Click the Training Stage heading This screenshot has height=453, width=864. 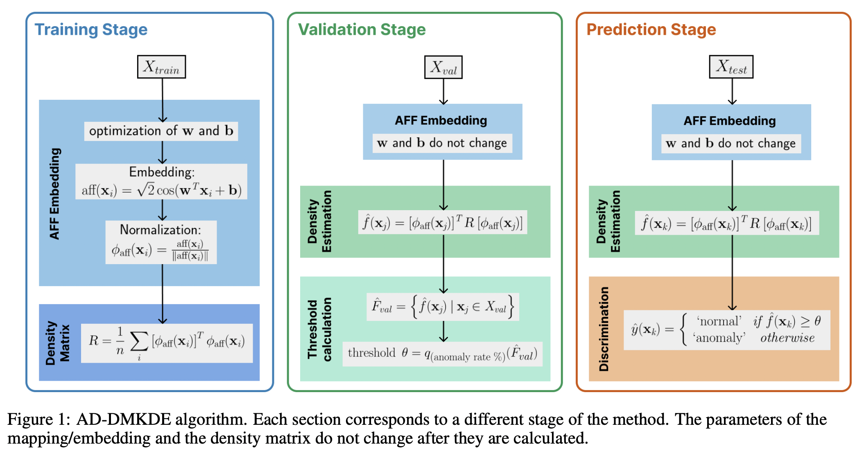coord(91,29)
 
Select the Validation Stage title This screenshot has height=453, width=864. coord(362,29)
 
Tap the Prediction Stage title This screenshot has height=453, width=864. coord(651,29)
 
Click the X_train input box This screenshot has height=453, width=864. coord(161,67)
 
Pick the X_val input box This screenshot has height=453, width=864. coord(443,67)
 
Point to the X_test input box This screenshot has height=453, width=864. coord(731,67)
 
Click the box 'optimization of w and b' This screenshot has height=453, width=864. coord(161,131)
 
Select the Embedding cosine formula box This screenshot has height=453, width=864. coord(161,182)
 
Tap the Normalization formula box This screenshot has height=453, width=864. coord(161,242)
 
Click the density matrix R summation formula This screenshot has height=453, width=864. coord(167,343)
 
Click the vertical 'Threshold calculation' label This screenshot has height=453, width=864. coord(319,329)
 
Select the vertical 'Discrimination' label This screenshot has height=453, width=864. coord(604,329)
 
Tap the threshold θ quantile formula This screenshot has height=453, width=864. coord(442,354)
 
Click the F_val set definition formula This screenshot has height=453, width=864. coord(443,307)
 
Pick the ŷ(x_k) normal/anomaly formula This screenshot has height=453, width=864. coord(726,330)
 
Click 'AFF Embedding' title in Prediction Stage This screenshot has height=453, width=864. coord(729,121)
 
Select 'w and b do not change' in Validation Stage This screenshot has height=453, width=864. coord(442,143)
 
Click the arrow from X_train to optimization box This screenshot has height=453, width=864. coord(163,100)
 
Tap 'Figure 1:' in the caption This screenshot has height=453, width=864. coord(38,420)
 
